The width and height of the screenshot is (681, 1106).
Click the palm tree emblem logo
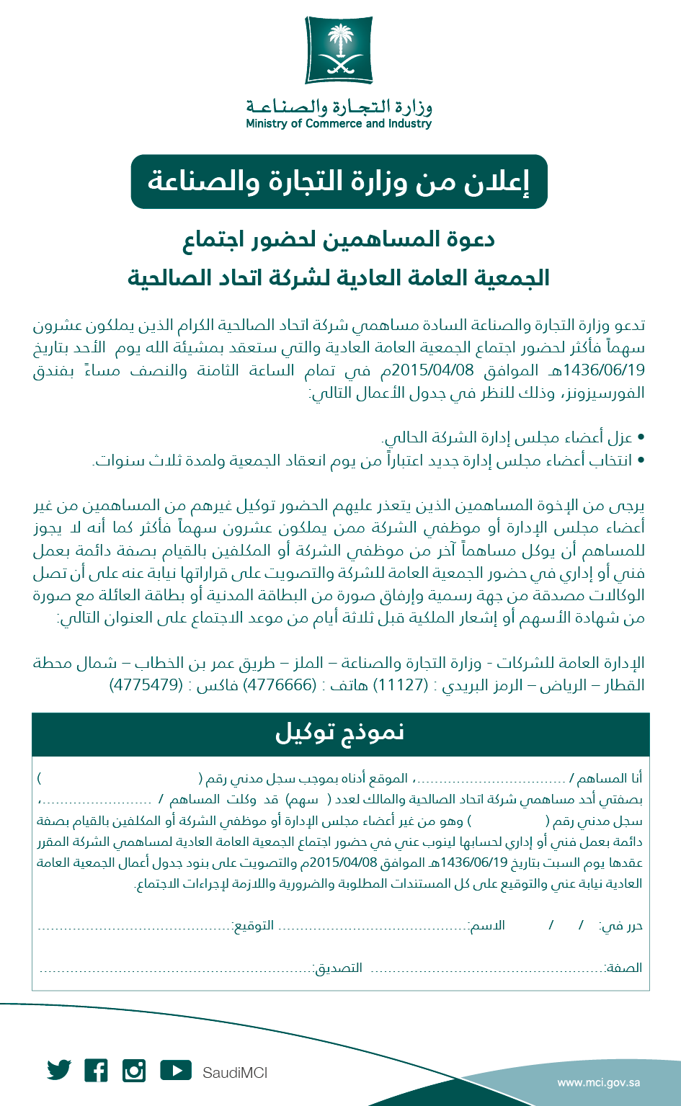point(339,51)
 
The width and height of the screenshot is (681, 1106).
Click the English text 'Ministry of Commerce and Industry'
point(339,124)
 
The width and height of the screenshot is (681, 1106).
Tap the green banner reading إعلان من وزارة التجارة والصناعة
point(339,182)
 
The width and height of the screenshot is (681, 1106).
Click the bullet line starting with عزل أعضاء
point(508,437)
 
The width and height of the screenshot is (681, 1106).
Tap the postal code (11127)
point(404,685)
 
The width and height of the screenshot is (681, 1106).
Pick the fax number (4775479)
point(146,685)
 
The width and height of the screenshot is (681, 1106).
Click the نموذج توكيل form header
point(340,733)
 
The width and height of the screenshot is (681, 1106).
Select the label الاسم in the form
point(487,925)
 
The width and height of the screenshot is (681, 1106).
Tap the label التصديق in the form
point(338,968)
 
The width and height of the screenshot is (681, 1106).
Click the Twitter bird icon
point(59,1070)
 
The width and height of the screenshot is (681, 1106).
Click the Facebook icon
point(96,1070)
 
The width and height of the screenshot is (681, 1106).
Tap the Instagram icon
point(134,1070)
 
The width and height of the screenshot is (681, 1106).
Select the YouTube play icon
point(176,1070)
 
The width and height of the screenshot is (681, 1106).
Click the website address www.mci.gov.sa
point(599,1082)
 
